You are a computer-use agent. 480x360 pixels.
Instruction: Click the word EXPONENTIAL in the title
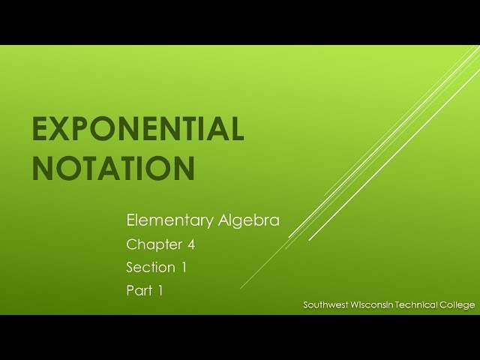point(138,130)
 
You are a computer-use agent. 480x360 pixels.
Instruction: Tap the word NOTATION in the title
point(113,168)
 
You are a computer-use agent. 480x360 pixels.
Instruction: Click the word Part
point(139,291)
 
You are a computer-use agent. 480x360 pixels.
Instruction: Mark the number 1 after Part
point(160,291)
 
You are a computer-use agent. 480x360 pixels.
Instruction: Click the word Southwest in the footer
point(324,304)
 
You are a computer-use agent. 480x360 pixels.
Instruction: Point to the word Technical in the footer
point(418,304)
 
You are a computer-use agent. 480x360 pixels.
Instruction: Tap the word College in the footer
point(459,304)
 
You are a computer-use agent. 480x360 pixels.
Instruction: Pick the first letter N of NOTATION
point(42,168)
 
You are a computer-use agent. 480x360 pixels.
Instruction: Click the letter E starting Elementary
point(131,220)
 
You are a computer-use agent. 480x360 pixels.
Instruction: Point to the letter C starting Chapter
point(131,244)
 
